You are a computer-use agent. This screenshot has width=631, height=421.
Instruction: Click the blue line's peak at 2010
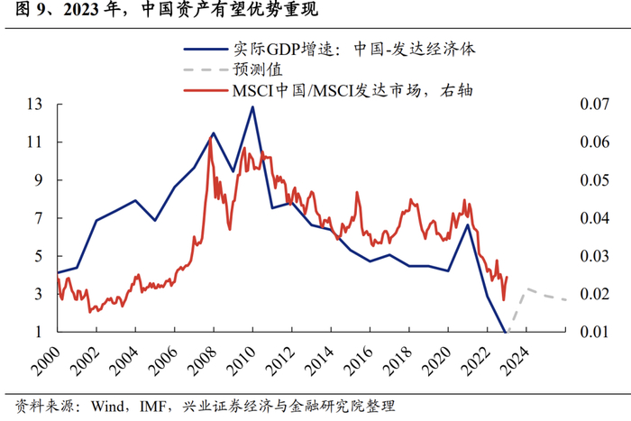pos(252,106)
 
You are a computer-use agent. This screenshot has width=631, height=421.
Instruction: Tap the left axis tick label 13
pos(34,105)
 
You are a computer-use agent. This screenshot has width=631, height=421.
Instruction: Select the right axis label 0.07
pos(594,104)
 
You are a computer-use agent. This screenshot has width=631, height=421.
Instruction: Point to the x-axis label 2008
pos(204,361)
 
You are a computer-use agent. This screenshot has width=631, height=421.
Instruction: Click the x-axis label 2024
pos(517,361)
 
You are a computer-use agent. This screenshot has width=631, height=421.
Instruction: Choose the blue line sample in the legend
pos(206,50)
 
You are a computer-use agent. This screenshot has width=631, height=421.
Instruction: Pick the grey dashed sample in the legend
pos(206,70)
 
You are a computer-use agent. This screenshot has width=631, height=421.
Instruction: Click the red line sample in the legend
pos(206,90)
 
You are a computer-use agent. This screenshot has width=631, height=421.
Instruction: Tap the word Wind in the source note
pos(107,406)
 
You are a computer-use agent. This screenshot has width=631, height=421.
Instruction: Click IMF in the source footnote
pos(152,406)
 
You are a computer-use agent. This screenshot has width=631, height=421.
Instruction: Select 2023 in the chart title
pos(80,9)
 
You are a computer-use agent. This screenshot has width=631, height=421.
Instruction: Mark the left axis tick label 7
pos(38,218)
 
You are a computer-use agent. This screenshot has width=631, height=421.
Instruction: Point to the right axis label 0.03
pos(594,256)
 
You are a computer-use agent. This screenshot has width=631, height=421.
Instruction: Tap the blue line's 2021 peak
pos(467,224)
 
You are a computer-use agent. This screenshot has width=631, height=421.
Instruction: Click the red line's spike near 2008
pos(210,138)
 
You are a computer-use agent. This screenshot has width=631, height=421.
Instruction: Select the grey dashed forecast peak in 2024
pos(526,288)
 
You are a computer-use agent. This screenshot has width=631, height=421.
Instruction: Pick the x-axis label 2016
pos(361,361)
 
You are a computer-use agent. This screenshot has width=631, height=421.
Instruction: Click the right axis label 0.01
pos(594,332)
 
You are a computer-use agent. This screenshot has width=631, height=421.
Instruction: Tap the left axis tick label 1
pos(38,332)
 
